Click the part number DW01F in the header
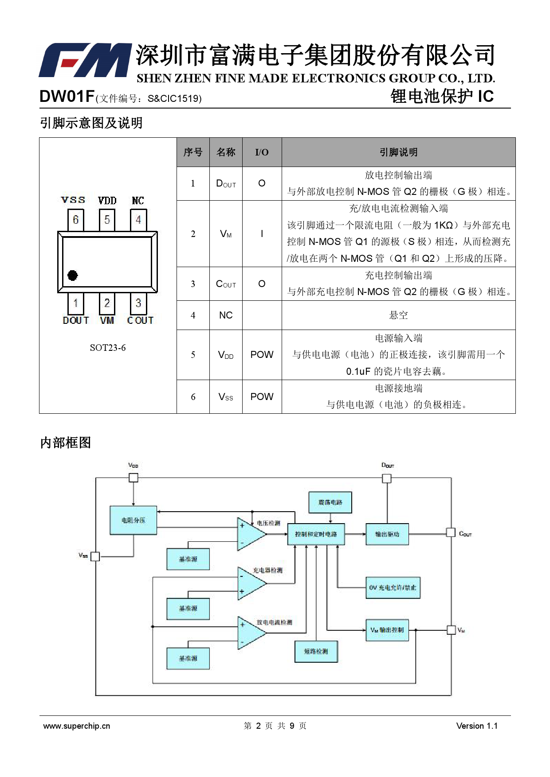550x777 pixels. point(67,96)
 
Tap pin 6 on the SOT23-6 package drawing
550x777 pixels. point(76,220)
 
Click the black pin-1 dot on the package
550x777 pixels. point(73,276)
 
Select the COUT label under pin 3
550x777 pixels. point(140,320)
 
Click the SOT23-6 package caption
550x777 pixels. point(108,348)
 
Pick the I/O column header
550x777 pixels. point(262,152)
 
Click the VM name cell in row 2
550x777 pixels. point(226,234)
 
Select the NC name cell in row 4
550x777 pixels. point(226,315)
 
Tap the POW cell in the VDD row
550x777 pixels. point(262,355)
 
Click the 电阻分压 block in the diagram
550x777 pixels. point(134,520)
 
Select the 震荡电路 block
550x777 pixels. point(330,502)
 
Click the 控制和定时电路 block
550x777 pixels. point(316,534)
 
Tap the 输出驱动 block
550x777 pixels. point(387,534)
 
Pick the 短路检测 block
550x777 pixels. point(316,651)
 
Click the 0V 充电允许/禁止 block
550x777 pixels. point(393,587)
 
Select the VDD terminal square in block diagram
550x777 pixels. point(134,478)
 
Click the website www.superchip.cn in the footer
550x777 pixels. point(77,726)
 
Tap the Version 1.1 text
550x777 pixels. point(477,726)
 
